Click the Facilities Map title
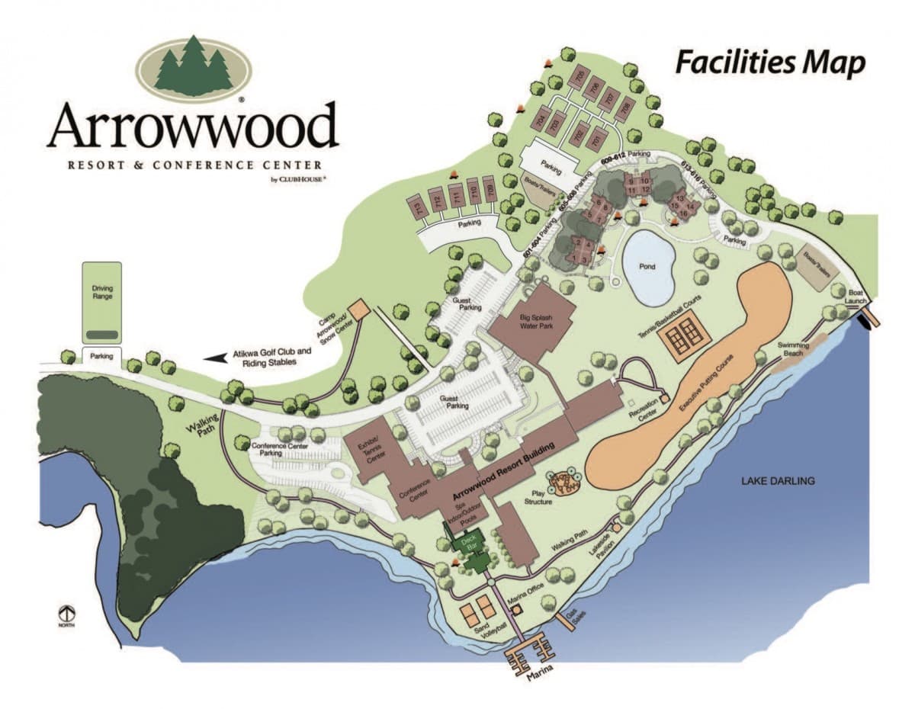(x=770, y=63)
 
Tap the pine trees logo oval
(x=194, y=69)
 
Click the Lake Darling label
(x=778, y=480)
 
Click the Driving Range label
(x=101, y=293)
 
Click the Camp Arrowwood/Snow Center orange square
(x=358, y=310)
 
